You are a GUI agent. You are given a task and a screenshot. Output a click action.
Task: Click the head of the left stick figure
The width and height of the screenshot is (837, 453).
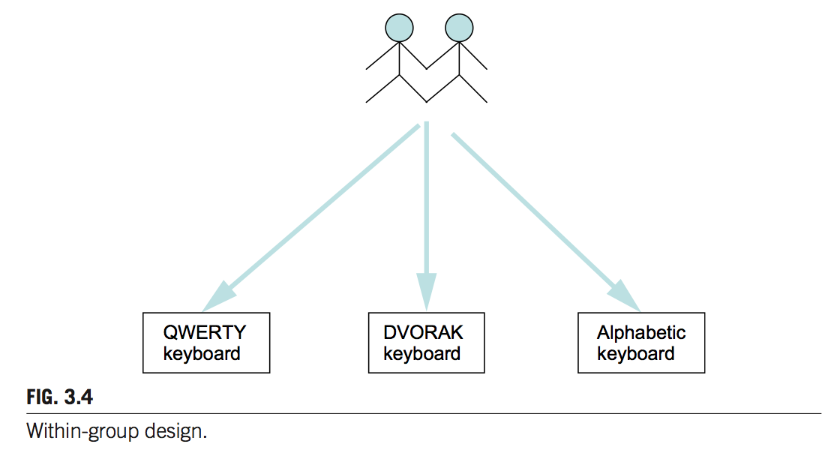(398, 28)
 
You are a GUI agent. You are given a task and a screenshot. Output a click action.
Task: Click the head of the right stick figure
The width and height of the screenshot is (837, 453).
(459, 28)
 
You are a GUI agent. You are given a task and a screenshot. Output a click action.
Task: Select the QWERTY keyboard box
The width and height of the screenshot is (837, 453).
(206, 343)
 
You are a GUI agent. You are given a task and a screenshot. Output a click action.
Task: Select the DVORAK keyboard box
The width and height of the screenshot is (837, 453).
(426, 343)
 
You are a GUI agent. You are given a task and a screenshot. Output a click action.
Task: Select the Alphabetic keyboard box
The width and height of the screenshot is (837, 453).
(641, 343)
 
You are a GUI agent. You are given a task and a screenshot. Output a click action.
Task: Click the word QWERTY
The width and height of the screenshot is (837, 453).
(205, 332)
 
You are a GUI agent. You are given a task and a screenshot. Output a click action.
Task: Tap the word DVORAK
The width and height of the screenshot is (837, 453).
(423, 332)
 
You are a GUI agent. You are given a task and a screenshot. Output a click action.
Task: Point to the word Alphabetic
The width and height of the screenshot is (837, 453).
(641, 332)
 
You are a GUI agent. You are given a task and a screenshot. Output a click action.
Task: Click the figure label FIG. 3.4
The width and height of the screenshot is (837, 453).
(60, 397)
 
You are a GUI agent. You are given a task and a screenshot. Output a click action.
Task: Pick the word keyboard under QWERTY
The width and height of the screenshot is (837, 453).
(202, 353)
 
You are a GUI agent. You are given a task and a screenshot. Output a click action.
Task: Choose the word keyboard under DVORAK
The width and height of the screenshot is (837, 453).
(422, 353)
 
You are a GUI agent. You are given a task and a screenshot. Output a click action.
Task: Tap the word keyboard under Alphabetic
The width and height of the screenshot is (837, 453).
(636, 353)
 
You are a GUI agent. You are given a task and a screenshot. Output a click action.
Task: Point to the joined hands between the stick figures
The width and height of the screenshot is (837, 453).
(427, 68)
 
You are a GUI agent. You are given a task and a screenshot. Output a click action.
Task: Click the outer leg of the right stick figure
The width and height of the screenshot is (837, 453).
(474, 88)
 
